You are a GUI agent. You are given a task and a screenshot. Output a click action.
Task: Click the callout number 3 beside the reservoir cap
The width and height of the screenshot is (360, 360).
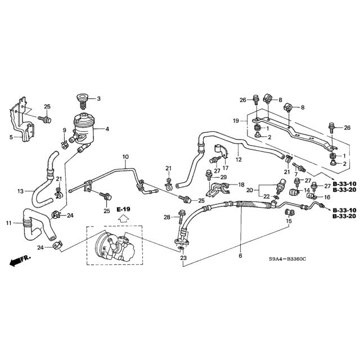[x=99, y=99]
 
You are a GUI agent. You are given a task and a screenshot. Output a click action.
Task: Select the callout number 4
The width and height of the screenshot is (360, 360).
[x=107, y=129]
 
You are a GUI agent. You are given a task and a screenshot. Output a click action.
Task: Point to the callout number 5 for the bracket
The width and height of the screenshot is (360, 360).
[x=12, y=136]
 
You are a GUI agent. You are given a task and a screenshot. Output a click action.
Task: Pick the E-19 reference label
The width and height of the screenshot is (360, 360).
[x=123, y=209]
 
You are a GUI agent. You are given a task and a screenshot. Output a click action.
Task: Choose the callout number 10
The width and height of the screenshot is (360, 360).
[x=125, y=156]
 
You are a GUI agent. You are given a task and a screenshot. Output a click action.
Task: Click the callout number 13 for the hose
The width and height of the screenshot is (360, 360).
[x=20, y=191]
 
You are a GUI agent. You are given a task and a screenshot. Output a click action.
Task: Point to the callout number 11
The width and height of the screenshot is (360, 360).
[x=9, y=223]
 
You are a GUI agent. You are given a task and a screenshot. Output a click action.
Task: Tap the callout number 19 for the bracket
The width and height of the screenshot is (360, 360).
[x=236, y=120]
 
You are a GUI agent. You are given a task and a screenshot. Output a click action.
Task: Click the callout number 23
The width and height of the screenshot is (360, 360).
[x=183, y=258]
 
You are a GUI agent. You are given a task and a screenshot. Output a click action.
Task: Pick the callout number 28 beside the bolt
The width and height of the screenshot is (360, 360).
[x=166, y=217]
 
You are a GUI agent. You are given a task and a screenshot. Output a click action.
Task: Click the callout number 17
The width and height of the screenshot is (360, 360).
[x=225, y=167]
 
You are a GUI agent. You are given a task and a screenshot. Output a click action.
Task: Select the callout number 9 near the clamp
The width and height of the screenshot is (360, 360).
[x=64, y=131]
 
